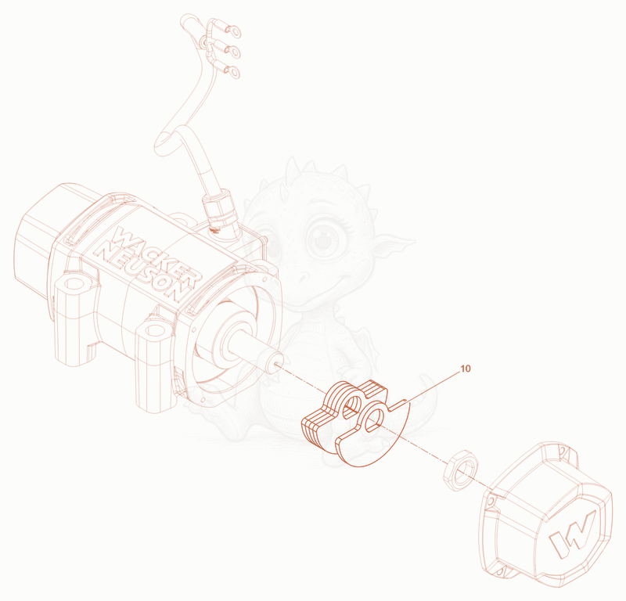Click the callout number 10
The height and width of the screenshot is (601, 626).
(x=466, y=369)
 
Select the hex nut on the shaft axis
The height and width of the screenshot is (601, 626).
(x=460, y=470)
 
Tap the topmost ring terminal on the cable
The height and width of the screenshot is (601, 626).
(x=232, y=30)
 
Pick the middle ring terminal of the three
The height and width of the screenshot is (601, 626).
(x=232, y=51)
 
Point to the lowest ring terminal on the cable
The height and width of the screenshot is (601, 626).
(x=232, y=72)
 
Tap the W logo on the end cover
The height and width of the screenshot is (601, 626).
(x=573, y=533)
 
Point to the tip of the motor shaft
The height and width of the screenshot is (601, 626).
(x=275, y=362)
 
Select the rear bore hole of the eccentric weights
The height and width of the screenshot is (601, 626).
(x=353, y=405)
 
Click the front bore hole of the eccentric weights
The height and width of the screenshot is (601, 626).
(x=374, y=419)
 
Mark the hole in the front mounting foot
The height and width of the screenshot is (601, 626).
(x=154, y=331)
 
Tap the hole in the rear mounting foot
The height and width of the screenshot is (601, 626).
(x=74, y=284)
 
